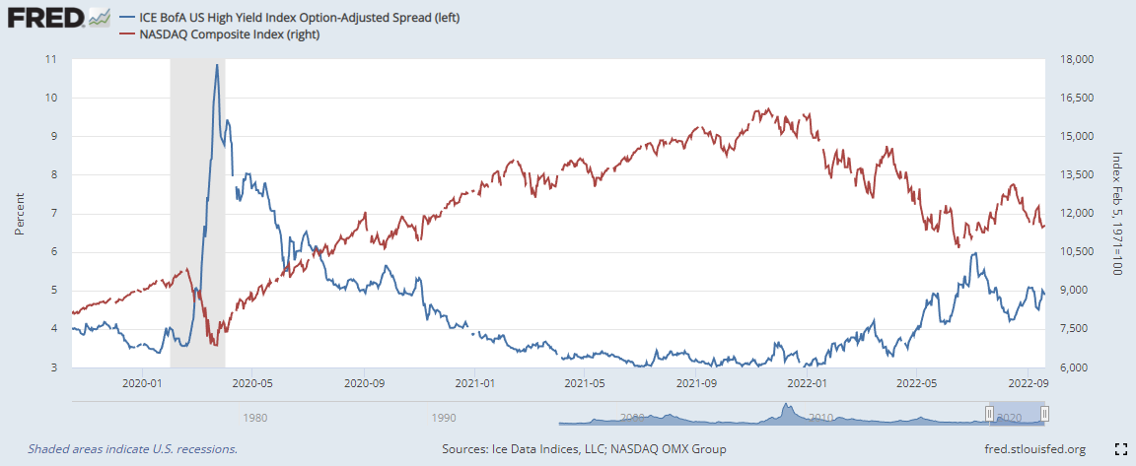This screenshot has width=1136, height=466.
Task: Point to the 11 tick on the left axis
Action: coord(49,59)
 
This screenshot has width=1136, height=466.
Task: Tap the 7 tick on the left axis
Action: coord(52,213)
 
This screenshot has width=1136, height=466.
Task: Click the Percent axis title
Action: coord(20,213)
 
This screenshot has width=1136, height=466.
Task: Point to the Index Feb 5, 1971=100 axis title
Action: coord(1116,213)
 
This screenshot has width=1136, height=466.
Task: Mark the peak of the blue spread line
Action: coord(217,65)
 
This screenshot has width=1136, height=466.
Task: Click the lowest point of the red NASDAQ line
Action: coord(215,344)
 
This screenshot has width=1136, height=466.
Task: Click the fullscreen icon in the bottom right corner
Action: coord(1119,449)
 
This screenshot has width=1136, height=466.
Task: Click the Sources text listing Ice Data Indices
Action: coord(585,449)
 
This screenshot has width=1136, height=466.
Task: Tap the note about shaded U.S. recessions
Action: coord(132,449)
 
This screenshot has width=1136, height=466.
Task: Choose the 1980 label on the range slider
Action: coord(254,417)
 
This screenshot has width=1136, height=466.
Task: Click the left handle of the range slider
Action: coord(989,414)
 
